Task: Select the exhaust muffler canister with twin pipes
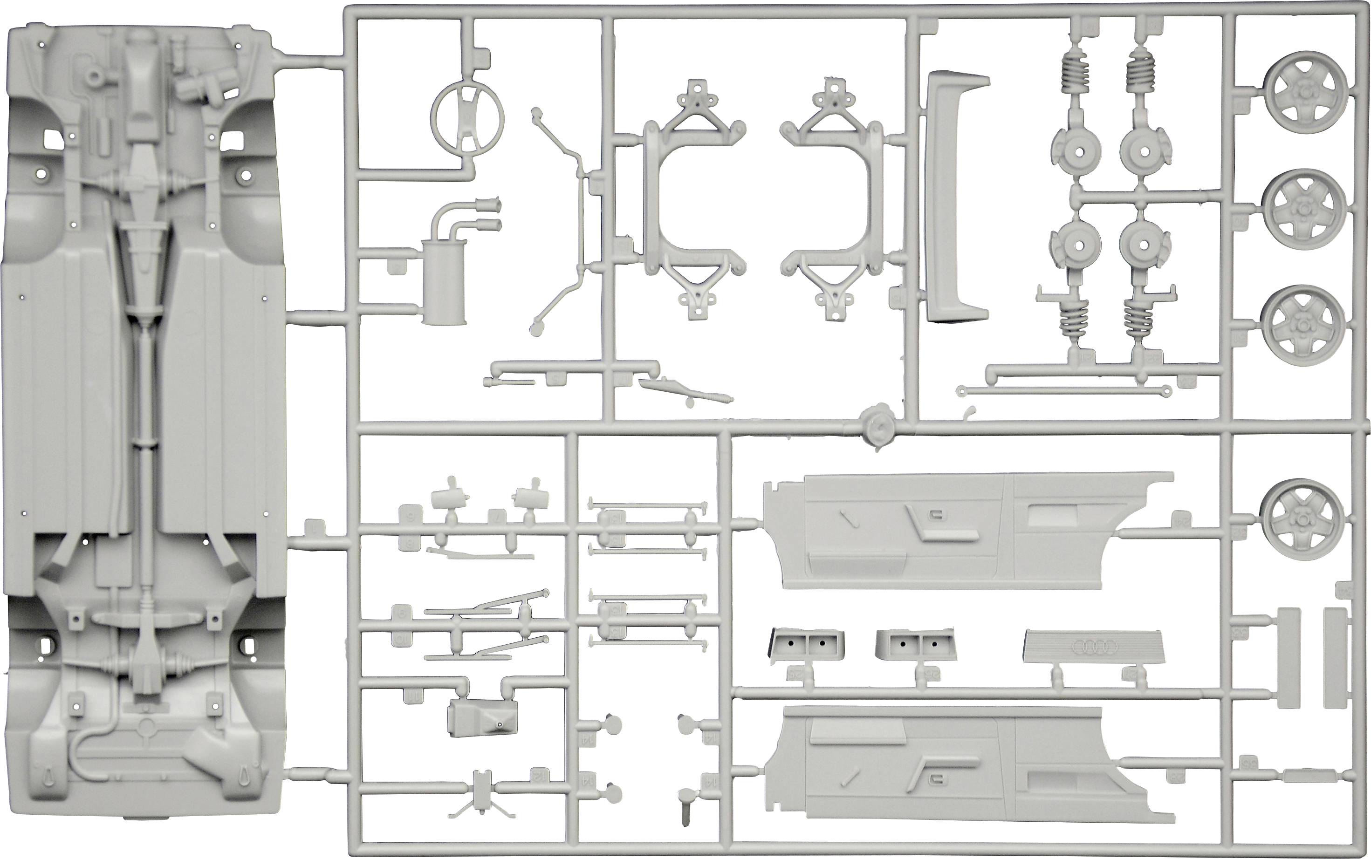(444, 282)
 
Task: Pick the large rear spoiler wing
(959, 196)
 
